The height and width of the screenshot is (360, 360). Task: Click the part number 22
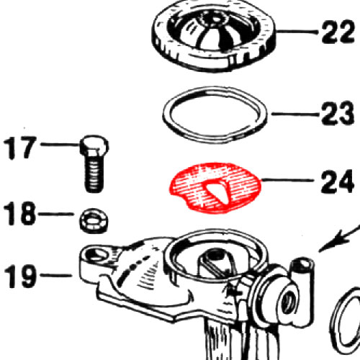click(338, 32)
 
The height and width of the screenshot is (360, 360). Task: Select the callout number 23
click(337, 113)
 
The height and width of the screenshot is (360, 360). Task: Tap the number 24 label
click(337, 181)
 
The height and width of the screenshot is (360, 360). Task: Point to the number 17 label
click(20, 148)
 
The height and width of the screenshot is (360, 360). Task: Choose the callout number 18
click(19, 213)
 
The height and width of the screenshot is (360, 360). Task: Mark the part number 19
click(21, 276)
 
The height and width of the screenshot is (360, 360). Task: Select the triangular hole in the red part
click(217, 190)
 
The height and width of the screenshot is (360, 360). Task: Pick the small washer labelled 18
click(94, 221)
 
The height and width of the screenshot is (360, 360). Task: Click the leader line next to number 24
click(288, 180)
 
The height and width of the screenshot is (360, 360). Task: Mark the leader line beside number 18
click(56, 213)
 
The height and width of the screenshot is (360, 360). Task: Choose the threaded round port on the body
click(289, 302)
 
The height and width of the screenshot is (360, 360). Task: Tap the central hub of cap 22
click(215, 19)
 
